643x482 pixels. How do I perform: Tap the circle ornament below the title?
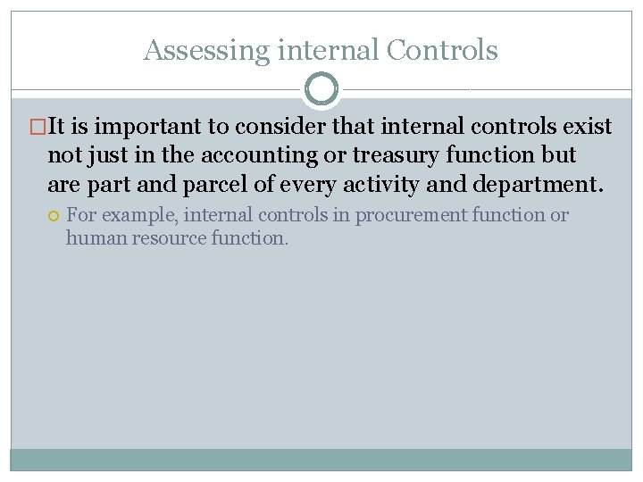coord(321,88)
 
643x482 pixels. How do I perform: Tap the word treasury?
coord(397,155)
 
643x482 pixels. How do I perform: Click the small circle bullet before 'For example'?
coord(54,215)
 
